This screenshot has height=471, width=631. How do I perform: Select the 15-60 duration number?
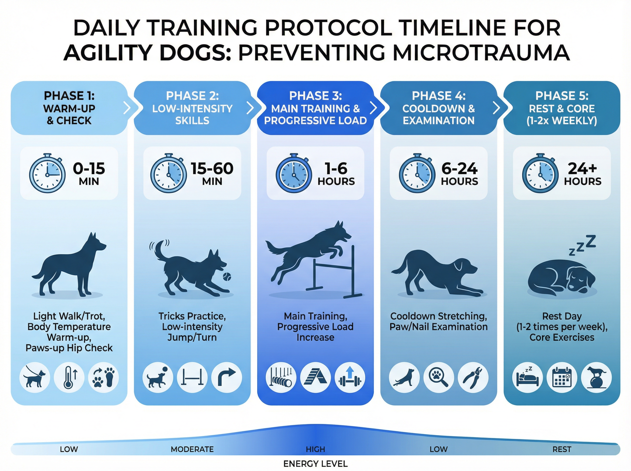coord(212,168)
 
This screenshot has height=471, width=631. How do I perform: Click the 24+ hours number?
coord(582,168)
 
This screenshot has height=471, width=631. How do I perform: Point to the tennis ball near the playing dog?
coord(227,276)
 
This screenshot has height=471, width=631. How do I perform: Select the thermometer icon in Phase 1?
coord(69,377)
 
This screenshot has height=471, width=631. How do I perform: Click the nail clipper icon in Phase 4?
coord(473,377)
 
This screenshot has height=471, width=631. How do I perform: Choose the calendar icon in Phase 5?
coord(562,377)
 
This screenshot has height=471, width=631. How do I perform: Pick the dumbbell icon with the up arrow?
coord(350,377)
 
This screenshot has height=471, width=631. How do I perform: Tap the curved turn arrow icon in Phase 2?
coord(227,377)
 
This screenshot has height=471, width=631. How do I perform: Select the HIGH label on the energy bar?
coord(315,449)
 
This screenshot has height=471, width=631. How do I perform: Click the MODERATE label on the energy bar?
coord(192,449)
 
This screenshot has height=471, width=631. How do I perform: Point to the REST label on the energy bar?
coord(562,449)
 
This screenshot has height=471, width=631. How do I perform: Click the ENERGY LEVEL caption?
coord(315,464)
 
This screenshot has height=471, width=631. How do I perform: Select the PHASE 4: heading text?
coord(439,96)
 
